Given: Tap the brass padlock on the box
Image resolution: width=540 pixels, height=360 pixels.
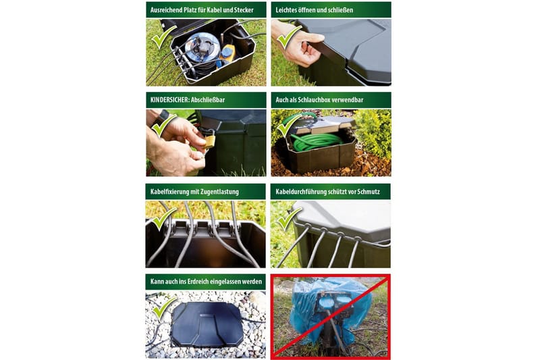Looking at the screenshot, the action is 210,140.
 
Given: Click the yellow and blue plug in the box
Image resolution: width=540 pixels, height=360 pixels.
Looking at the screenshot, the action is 227,55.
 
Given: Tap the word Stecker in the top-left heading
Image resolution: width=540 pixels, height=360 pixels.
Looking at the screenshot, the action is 244,10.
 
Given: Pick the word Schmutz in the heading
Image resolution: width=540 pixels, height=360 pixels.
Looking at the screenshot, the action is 369,192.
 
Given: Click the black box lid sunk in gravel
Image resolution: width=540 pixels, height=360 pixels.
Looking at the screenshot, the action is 207,324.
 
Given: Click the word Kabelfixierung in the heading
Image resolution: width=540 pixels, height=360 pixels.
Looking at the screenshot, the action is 170,192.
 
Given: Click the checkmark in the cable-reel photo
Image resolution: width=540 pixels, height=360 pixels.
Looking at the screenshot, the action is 164,36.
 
